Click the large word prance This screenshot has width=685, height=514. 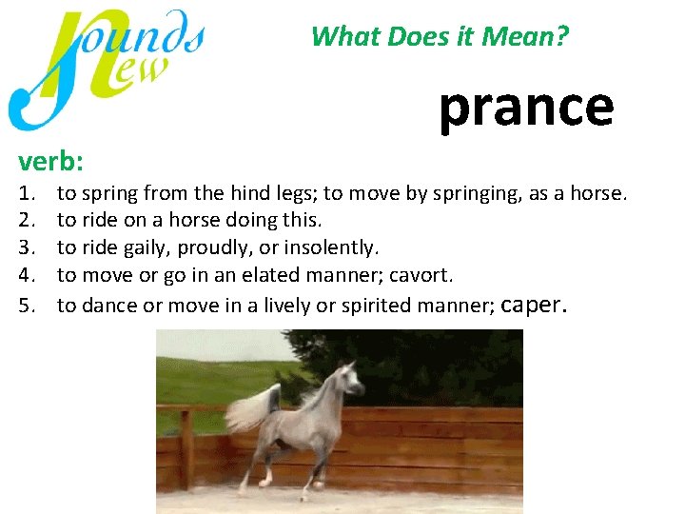[x=525, y=107]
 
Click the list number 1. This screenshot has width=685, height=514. [x=27, y=194]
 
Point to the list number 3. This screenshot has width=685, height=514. [x=27, y=248]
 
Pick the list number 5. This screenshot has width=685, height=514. [x=27, y=306]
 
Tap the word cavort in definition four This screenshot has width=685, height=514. [x=422, y=276]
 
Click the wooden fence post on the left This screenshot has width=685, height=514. [x=185, y=447]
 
